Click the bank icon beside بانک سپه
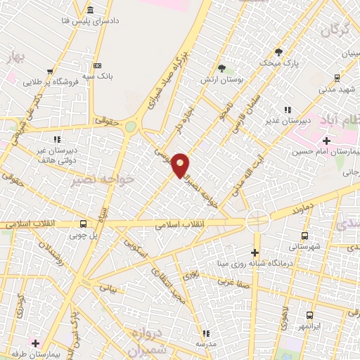coord(97,65)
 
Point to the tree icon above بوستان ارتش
coord(222,68)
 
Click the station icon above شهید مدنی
coord(337,77)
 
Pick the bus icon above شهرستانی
coord(304,236)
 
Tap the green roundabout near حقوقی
coord(131,127)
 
